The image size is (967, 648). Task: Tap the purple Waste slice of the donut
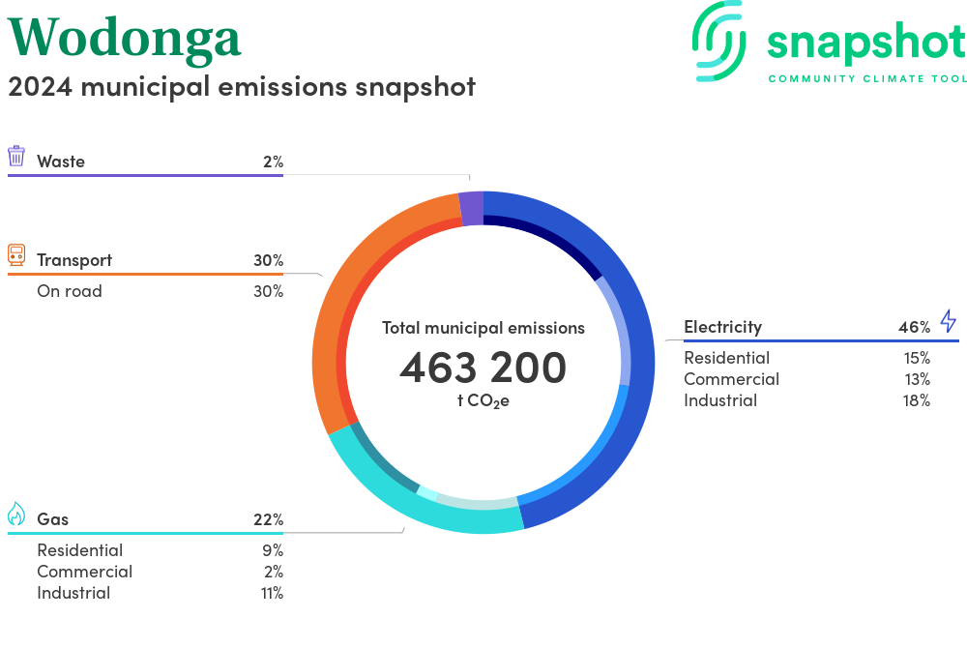[x=471, y=208]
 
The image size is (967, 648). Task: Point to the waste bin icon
[x=16, y=157]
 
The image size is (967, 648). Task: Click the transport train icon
[x=16, y=255]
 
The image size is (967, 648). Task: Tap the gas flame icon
[x=16, y=515]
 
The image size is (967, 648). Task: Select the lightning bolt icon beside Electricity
[x=948, y=321]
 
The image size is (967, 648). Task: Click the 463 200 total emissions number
[x=483, y=368]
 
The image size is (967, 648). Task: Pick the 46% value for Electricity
[x=914, y=327]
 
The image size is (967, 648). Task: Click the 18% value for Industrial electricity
[x=916, y=400]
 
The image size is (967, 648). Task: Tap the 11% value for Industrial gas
[x=271, y=593]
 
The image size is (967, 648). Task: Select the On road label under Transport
[x=69, y=291]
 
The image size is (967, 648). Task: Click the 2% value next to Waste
[x=273, y=162]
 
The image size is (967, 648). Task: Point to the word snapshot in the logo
[x=865, y=44]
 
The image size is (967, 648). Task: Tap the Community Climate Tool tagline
[x=866, y=78]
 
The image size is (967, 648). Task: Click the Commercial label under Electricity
[x=731, y=379]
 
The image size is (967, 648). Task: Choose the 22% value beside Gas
[x=268, y=519]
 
